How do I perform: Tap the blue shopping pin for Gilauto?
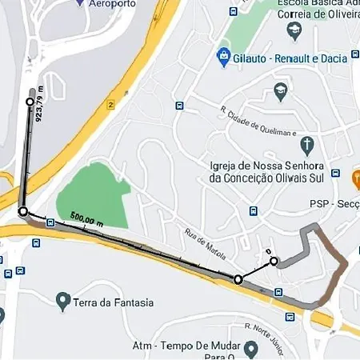click(x=223, y=58)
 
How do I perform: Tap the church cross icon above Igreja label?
click(x=306, y=145)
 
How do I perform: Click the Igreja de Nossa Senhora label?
click(x=265, y=166)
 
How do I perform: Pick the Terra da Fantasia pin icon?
click(x=63, y=301)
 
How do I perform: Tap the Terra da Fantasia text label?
click(x=113, y=303)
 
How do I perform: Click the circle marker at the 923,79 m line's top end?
click(x=30, y=102)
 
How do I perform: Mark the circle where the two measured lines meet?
click(x=22, y=211)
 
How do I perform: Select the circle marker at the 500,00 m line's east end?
click(x=238, y=279)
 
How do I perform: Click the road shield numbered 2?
click(x=110, y=103)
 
